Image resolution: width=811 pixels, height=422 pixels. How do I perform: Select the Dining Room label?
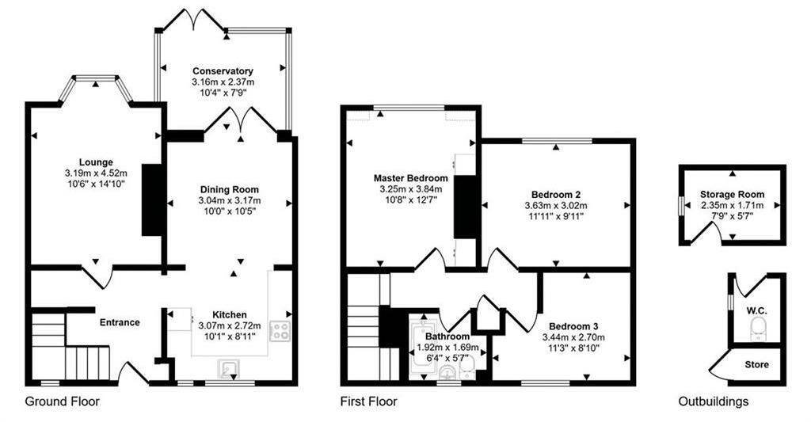229,189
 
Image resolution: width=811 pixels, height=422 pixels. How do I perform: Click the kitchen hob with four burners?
280,331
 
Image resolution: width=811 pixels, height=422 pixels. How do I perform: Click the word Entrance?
120,322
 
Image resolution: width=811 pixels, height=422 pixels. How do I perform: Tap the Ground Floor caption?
63,401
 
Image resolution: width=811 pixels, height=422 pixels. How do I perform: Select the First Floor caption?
368,401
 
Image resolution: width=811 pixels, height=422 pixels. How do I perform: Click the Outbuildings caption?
713,401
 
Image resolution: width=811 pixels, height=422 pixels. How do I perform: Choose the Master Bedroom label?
410,178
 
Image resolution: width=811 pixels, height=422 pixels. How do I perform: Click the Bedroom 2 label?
556,195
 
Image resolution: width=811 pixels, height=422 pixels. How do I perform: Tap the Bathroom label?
443,336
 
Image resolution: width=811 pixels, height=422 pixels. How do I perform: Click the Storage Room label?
732,194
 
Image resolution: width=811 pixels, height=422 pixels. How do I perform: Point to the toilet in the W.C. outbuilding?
759,327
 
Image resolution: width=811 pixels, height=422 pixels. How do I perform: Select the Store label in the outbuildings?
757,364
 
